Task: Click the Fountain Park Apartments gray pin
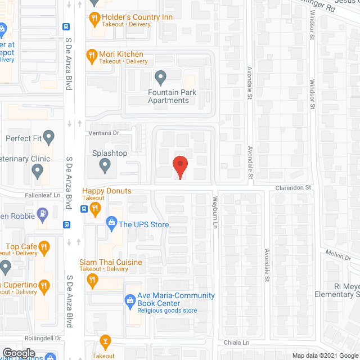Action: [x=161, y=76]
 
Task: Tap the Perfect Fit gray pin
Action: [x=49, y=136]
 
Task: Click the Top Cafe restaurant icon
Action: [x=45, y=246]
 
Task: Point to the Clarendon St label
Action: [x=293, y=187]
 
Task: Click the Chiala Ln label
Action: [x=237, y=342]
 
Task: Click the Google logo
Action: [x=18, y=353]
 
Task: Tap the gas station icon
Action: [x=42, y=214]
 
